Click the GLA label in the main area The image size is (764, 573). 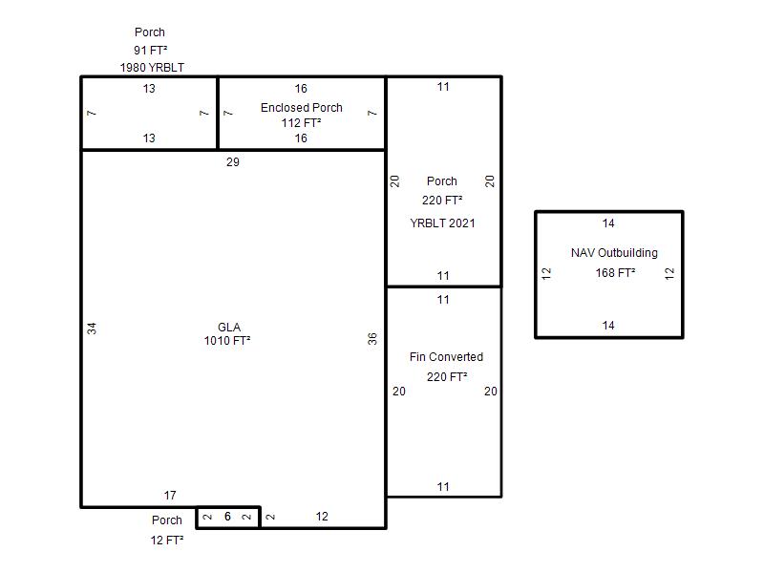[x=229, y=327]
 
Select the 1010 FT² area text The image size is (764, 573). [x=227, y=340]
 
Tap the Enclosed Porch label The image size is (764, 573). [x=301, y=107]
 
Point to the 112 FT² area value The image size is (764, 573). [x=301, y=123]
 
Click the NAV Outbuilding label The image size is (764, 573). [x=614, y=252]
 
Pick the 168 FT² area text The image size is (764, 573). [x=615, y=272]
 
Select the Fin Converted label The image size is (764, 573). [x=446, y=356]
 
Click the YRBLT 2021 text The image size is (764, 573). [x=442, y=223]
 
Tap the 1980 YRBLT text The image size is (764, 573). [x=152, y=67]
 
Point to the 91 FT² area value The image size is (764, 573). [x=151, y=50]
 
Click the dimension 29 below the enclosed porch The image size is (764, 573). [x=233, y=161]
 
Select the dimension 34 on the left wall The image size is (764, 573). [x=92, y=329]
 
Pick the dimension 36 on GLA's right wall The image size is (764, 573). [x=372, y=339]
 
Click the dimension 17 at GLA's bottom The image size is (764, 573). [x=170, y=495]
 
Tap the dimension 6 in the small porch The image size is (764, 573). [x=227, y=516]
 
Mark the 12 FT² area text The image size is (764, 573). [x=167, y=540]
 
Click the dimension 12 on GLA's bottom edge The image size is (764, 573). [x=322, y=516]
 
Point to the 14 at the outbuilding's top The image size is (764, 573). [x=608, y=223]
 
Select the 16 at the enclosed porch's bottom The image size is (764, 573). [x=301, y=138]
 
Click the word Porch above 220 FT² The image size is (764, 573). [x=442, y=180]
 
